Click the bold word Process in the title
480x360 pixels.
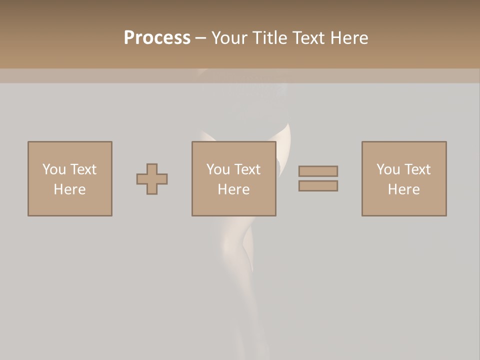[x=157, y=38]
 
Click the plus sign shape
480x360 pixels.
[x=152, y=179]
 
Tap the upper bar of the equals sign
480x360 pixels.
[x=318, y=171]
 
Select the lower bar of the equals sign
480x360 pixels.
[x=318, y=186]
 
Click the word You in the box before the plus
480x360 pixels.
[x=53, y=169]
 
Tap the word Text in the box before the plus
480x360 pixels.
[x=83, y=169]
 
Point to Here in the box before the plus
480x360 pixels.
[x=70, y=189]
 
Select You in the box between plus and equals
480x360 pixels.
[x=217, y=169]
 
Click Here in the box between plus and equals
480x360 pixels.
[x=234, y=189]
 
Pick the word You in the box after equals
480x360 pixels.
[x=387, y=169]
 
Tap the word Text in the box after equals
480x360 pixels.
[x=417, y=169]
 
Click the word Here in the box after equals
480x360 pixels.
[x=404, y=189]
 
